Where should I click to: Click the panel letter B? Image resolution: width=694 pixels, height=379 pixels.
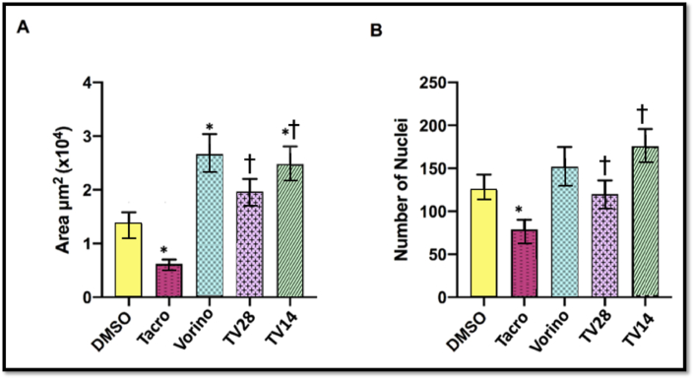click(x=375, y=32)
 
